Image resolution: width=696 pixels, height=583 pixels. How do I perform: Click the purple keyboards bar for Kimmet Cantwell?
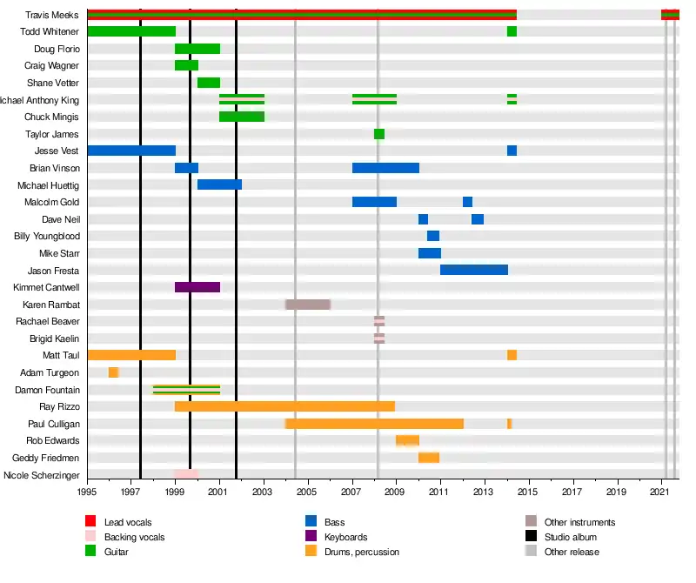pos(197,287)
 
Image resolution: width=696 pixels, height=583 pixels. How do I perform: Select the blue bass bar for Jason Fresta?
pos(474,270)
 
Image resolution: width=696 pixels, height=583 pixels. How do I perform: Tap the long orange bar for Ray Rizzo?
pos(284,406)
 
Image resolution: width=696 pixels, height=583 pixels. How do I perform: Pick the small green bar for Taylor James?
pos(379,134)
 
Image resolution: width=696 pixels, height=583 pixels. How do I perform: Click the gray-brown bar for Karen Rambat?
pos(308,305)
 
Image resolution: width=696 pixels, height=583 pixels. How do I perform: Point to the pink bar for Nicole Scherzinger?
pos(187,474)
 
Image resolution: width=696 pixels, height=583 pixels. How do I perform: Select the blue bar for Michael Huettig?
pos(219,184)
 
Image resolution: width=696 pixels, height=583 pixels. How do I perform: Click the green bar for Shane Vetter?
pos(209,83)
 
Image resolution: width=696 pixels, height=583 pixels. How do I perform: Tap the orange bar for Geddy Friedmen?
pos(429,458)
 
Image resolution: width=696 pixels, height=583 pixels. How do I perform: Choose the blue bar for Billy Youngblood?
pos(433,236)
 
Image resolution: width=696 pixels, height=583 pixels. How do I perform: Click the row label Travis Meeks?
pos(52,15)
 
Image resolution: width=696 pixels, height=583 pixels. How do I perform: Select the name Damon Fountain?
pos(48,390)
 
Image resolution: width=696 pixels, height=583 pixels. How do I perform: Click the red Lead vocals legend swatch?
pos(90,522)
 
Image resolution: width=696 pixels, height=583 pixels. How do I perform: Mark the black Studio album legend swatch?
pos(531,537)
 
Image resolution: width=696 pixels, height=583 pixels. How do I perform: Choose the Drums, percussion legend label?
pos(362,552)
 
